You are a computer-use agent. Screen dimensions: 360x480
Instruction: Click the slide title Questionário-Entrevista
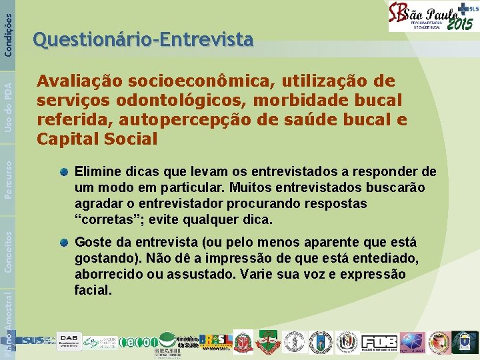(143, 41)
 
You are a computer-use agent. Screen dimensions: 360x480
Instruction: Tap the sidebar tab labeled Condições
(7, 27)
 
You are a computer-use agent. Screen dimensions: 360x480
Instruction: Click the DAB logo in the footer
(70, 341)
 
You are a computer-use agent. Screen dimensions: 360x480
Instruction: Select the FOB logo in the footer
(380, 341)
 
